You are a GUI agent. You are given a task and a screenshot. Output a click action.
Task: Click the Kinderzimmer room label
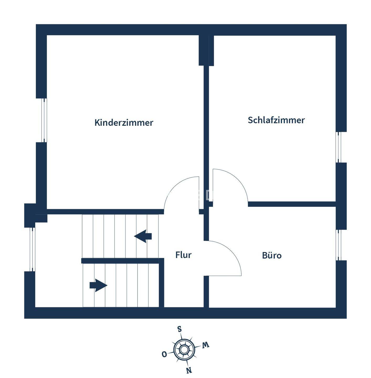pos(124,123)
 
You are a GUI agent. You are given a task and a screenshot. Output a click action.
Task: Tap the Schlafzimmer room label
pos(276,120)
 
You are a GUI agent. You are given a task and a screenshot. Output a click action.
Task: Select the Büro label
pos(272,255)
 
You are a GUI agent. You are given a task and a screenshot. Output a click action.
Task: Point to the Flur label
pos(183,255)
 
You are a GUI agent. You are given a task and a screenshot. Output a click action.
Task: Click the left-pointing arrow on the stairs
pos(143,236)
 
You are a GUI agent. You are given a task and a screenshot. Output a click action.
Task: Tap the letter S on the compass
pos(180,329)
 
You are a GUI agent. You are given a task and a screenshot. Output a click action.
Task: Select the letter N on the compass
pos(189,370)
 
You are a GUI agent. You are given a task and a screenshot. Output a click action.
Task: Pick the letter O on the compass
pos(164,354)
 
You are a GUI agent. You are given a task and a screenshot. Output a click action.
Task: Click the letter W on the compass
pos(205,345)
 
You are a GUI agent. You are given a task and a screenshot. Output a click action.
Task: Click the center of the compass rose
pos(184,349)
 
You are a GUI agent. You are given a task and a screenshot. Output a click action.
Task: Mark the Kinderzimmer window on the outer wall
pos(45,120)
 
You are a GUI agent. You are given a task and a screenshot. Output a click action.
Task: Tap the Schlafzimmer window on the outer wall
pos(339,147)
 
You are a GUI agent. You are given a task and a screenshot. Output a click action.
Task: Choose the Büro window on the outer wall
pos(339,245)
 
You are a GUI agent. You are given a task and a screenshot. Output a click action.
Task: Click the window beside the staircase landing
pos(32,249)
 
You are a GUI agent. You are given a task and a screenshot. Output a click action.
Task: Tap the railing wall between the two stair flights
pos(121,261)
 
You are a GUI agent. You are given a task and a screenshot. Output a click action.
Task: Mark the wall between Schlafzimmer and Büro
pos(291,204)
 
